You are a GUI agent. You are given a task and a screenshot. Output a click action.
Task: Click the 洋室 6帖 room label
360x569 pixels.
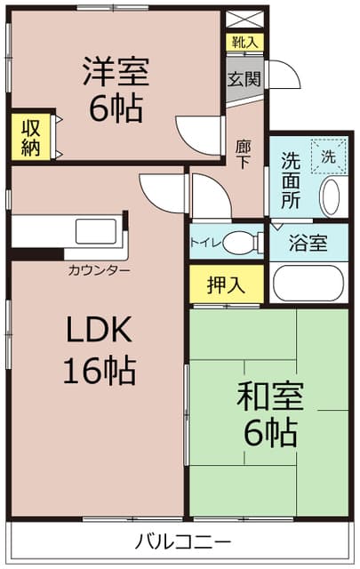116,89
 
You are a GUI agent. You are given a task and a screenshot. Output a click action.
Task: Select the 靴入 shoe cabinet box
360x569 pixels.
245,43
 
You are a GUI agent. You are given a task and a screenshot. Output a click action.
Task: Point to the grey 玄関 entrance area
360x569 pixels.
244,79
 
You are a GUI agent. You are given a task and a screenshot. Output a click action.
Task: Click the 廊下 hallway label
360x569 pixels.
243,154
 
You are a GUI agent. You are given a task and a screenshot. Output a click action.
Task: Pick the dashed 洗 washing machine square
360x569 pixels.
329,156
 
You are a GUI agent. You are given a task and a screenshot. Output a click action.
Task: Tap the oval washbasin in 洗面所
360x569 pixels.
331,197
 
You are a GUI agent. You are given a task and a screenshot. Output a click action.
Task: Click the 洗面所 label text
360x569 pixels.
292,180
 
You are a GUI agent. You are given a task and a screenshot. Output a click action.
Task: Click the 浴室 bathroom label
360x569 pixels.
308,243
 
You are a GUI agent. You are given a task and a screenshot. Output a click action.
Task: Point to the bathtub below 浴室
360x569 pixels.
308,283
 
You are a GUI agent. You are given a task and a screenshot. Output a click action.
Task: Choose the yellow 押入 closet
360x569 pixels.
227,284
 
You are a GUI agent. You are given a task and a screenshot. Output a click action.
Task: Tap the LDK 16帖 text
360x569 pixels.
100,350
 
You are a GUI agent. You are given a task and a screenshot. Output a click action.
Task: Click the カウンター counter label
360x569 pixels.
99,270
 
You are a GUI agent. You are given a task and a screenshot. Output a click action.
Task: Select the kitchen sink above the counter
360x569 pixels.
96,231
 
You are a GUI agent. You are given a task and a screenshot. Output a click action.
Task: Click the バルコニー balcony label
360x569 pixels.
183,542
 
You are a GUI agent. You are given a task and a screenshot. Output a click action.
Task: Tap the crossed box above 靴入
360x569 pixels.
245,20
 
